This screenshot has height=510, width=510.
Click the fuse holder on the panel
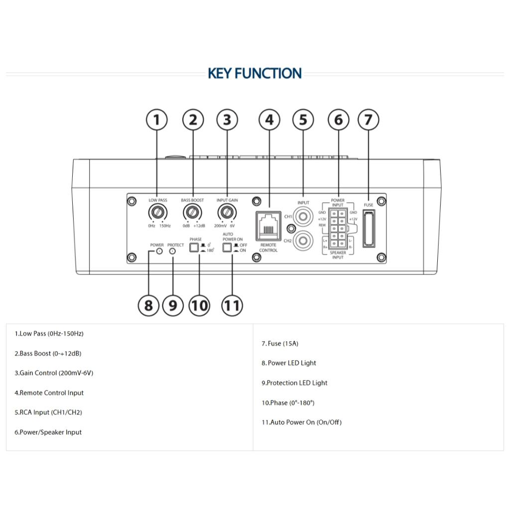tap(369, 229)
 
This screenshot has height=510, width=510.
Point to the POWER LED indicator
tap(158, 252)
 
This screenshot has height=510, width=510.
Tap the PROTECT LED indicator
tap(173, 252)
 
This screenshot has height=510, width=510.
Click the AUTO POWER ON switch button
tap(228, 248)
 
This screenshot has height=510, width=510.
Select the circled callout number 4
tap(269, 120)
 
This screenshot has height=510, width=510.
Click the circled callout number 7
tap(369, 120)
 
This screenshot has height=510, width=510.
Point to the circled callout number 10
tap(199, 305)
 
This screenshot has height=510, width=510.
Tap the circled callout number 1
tap(157, 120)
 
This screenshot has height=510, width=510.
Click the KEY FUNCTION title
tap(255, 74)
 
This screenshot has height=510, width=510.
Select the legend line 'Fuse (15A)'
tap(280, 344)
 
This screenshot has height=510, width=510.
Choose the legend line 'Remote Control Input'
tap(49, 393)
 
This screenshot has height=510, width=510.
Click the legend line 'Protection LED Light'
tap(294, 383)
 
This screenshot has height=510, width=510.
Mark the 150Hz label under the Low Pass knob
tap(165, 226)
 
